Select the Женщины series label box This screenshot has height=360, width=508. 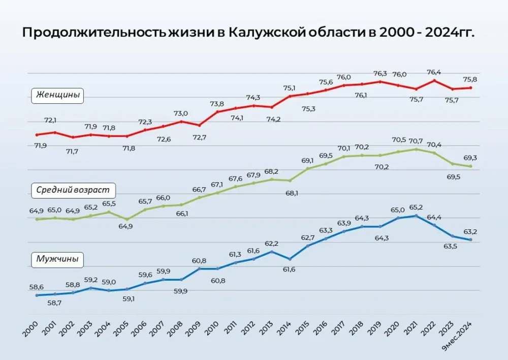click(x=57, y=95)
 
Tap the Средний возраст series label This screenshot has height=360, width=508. click(x=73, y=191)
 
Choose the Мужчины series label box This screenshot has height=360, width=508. click(x=57, y=259)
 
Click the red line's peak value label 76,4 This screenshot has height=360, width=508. click(x=434, y=71)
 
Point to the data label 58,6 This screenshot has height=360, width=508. click(x=37, y=287)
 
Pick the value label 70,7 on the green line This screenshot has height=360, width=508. click(x=416, y=140)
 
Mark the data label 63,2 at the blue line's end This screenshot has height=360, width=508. click(x=471, y=232)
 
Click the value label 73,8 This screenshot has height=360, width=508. click(x=217, y=104)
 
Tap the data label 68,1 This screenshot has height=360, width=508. click(x=290, y=193)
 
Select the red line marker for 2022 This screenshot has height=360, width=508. click(x=434, y=80)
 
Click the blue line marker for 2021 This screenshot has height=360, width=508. click(x=416, y=216)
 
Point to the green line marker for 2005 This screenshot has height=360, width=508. click(x=127, y=219)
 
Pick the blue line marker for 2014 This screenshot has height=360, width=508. click(x=290, y=259)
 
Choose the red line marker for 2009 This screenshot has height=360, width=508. click(x=199, y=125)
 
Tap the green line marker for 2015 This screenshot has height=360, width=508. click(x=307, y=168)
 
